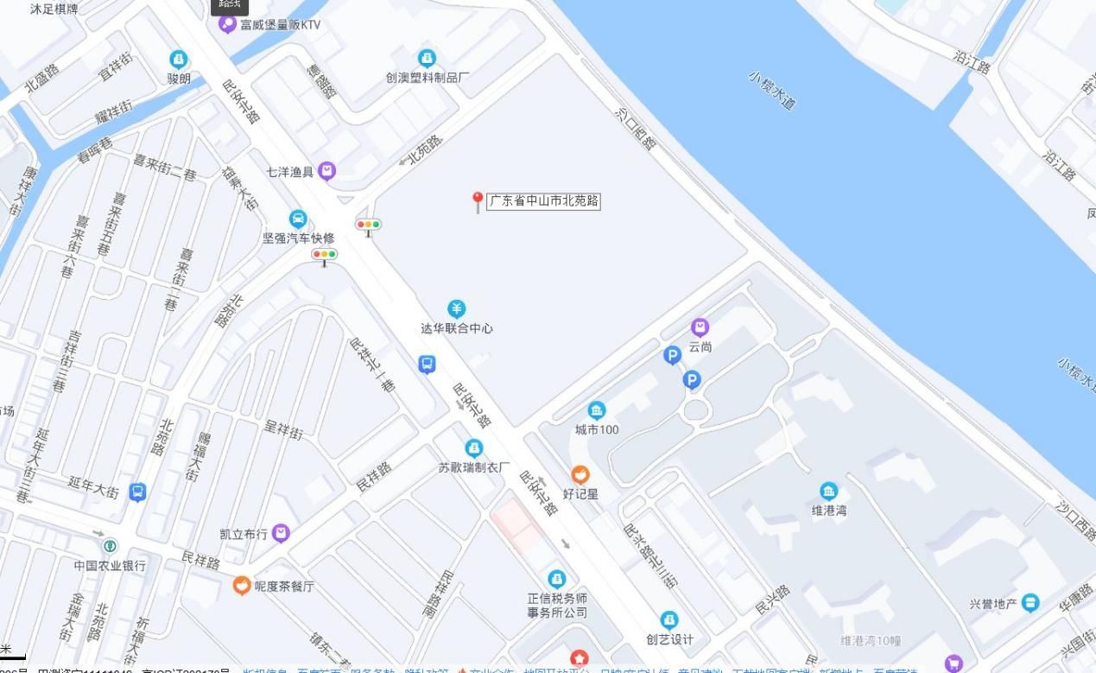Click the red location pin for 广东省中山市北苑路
(x=477, y=201)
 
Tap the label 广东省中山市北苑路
(x=544, y=201)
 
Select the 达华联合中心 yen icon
(x=456, y=308)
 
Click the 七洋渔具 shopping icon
(x=326, y=171)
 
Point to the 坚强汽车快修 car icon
(x=298, y=219)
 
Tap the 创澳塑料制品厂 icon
(x=427, y=58)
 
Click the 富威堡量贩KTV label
(x=280, y=24)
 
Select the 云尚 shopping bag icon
(x=700, y=327)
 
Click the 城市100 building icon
(x=596, y=410)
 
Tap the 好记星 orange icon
(x=580, y=474)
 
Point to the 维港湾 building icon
(x=828, y=492)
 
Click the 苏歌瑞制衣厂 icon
(x=473, y=448)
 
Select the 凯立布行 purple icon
(x=281, y=533)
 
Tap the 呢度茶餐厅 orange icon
(x=242, y=586)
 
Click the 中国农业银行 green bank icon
(x=111, y=546)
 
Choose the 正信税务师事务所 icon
(x=557, y=578)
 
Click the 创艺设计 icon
(x=669, y=620)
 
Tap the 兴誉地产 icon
(x=1029, y=603)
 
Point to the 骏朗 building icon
(x=179, y=60)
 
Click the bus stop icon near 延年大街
(x=137, y=492)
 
